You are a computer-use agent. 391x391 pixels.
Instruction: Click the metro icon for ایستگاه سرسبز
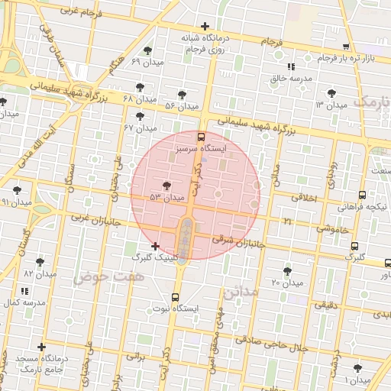201,137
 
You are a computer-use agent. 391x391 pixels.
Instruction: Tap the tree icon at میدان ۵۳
166,186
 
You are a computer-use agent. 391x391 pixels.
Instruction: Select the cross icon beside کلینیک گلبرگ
157,246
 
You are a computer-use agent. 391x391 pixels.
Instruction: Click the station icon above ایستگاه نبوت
176,297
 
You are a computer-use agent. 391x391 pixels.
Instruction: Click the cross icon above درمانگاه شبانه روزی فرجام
205,27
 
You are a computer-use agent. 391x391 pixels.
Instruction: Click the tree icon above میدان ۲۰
287,270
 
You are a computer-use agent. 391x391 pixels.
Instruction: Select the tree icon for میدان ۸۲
40,262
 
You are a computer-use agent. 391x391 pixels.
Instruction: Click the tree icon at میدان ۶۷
140,116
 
